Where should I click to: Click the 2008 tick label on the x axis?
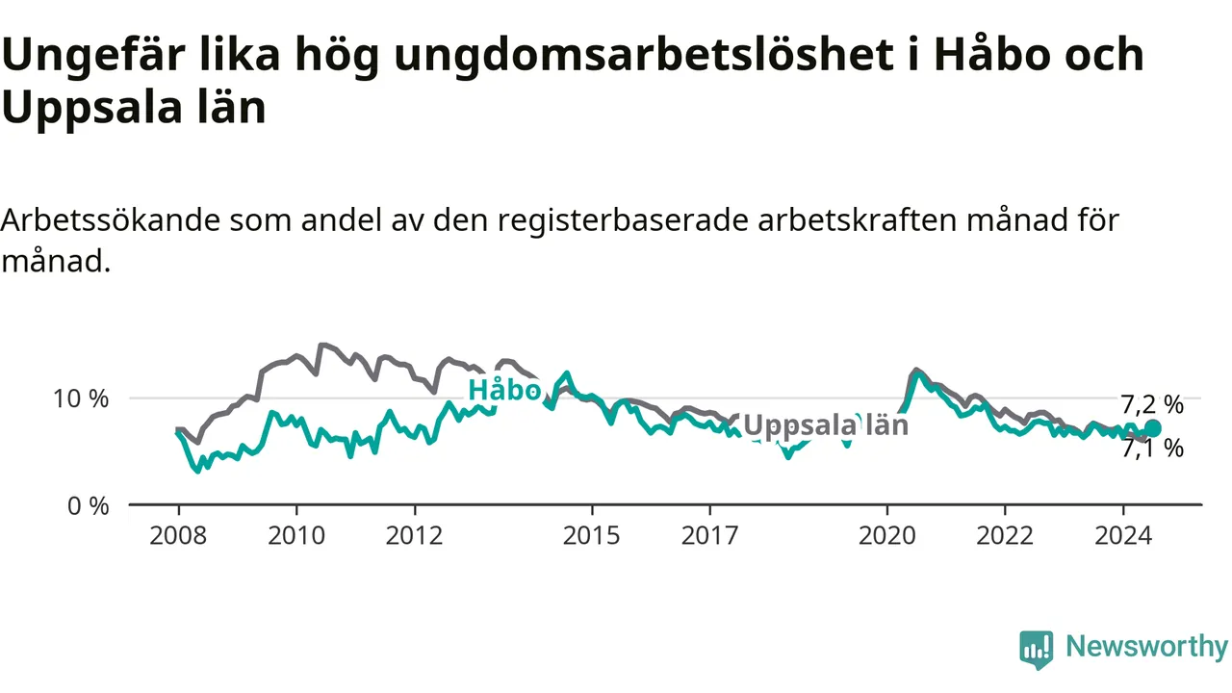click(178, 535)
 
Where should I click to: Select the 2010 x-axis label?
click(296, 535)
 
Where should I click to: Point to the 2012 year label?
click(414, 535)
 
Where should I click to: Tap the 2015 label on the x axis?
click(591, 535)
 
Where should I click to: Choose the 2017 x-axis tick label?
click(709, 535)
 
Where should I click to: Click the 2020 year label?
click(887, 535)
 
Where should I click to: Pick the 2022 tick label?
click(1005, 535)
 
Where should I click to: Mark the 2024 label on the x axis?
click(1123, 535)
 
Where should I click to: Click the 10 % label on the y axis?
click(81, 398)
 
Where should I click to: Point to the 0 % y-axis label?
click(88, 506)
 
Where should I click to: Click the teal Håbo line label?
click(504, 390)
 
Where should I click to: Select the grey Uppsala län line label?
click(826, 425)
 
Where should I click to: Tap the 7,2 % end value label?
click(1152, 405)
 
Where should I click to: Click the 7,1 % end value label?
click(1152, 449)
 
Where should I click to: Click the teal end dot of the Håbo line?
click(1152, 428)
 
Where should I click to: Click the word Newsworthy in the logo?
click(1146, 646)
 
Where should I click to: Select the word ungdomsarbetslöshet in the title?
click(644, 55)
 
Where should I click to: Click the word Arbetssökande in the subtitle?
click(111, 220)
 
